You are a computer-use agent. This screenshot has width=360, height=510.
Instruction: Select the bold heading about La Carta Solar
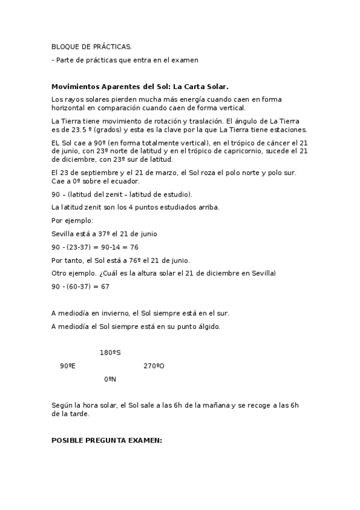click(140, 86)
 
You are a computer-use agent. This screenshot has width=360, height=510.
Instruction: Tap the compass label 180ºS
click(110, 352)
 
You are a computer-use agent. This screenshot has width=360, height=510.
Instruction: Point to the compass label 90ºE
click(67, 366)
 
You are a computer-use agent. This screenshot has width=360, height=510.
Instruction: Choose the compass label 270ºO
click(154, 366)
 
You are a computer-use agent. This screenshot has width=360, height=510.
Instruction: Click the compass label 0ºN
click(110, 379)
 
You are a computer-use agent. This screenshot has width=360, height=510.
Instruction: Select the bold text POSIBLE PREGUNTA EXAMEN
click(107, 440)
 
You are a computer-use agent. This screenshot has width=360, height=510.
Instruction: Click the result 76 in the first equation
click(135, 247)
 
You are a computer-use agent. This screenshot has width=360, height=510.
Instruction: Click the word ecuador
click(125, 182)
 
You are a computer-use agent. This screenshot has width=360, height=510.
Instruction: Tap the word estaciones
click(287, 129)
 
